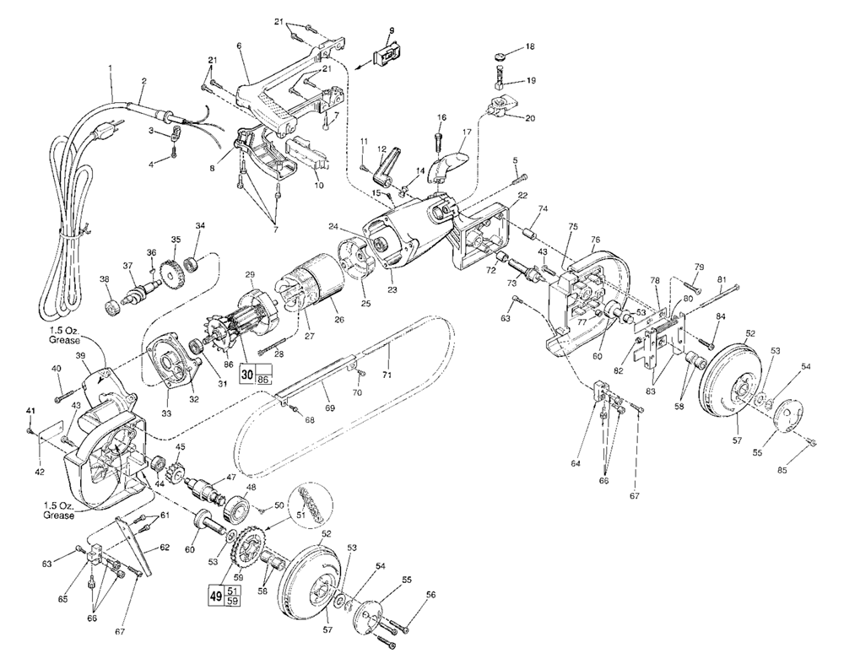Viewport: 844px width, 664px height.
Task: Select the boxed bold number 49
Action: [x=215, y=595]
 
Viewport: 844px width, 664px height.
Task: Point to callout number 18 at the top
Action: [x=528, y=50]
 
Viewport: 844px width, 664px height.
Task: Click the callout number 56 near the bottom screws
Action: [x=430, y=594]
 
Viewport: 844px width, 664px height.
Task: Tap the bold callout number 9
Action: [x=391, y=31]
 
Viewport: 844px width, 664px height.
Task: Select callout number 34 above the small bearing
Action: [x=200, y=225]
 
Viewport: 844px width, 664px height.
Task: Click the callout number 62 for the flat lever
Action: [x=164, y=547]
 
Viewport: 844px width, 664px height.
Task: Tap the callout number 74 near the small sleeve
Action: [x=544, y=208]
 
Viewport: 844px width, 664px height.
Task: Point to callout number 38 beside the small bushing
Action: [x=104, y=279]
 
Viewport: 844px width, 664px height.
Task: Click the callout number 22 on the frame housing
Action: [x=523, y=196]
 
